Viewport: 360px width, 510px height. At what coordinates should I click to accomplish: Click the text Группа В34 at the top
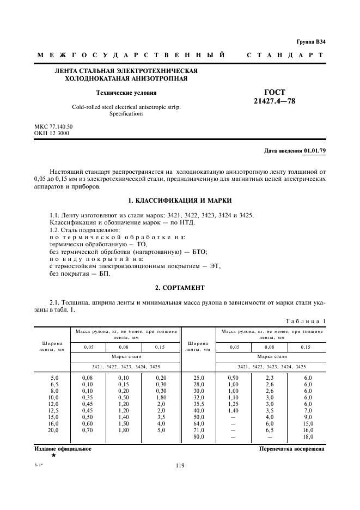coord(311,41)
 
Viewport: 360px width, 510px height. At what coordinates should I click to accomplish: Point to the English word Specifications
coord(126,114)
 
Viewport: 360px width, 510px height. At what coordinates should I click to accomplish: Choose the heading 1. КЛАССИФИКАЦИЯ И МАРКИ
coord(180,201)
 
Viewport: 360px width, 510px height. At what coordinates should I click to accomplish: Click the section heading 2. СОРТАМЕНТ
coord(180,287)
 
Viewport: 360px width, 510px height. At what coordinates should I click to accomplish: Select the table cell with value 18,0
coord(308,437)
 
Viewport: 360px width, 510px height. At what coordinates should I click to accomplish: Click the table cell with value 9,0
coord(308,417)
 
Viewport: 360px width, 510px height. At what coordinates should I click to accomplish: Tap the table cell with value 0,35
coord(88,397)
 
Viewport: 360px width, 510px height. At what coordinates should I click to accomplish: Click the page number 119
coord(180,465)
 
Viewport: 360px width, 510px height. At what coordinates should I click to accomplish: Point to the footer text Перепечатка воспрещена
coord(291,449)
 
